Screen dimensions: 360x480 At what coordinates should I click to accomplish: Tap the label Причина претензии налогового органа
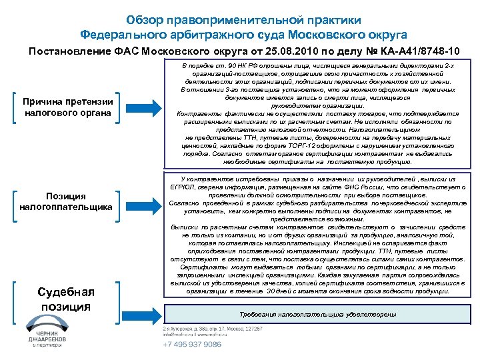(x=64, y=107)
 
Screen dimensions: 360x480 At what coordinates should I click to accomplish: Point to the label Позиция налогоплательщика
(x=64, y=202)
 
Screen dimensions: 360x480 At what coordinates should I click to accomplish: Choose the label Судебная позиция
(x=64, y=299)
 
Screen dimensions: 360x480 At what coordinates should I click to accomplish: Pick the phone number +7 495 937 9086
(x=193, y=344)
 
